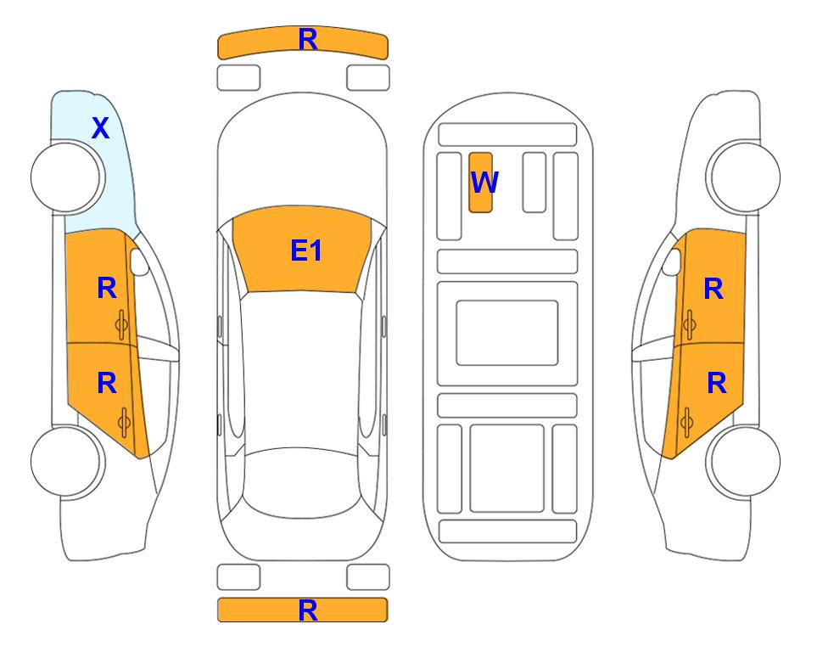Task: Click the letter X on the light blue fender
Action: pos(101,128)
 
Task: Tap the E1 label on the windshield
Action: pos(306,250)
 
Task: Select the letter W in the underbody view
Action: pos(484,183)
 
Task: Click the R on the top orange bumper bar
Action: pos(308,40)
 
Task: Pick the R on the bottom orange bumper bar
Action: pos(308,610)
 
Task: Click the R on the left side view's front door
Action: pos(107,289)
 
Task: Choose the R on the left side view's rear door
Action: pos(107,384)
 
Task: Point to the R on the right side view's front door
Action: pos(713,289)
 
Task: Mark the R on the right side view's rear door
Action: pos(716,384)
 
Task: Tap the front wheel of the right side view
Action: pos(743,177)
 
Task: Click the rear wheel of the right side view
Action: pos(743,461)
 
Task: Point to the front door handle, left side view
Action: pos(121,324)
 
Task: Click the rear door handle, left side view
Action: pos(124,422)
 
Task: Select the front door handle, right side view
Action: pos(689,324)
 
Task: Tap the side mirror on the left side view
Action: pos(138,261)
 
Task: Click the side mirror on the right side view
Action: pos(672,261)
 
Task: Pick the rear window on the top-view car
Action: pos(302,482)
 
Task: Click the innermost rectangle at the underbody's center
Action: pos(507,333)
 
